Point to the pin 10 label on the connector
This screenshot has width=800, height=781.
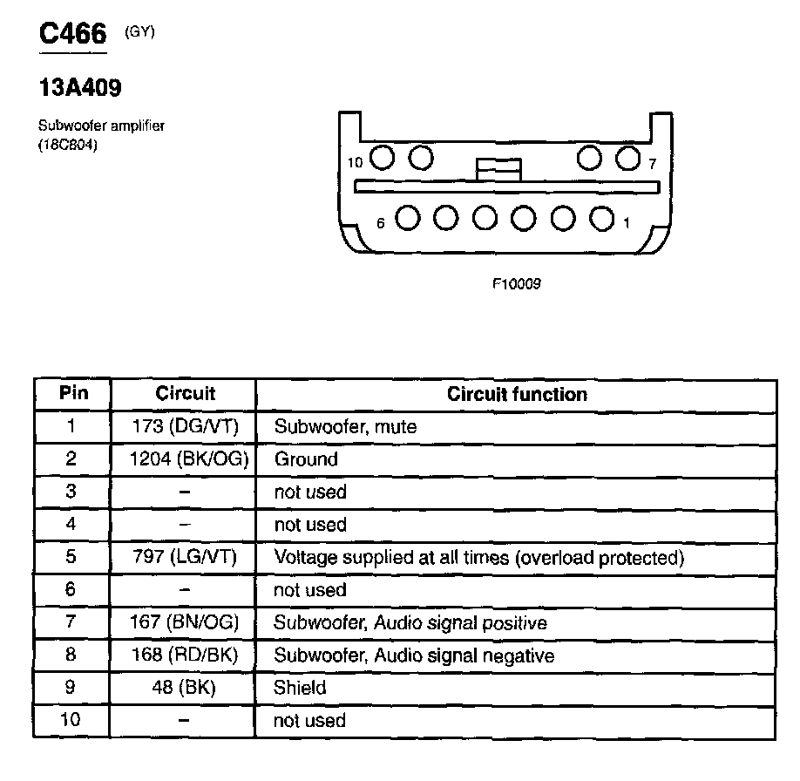tap(355, 163)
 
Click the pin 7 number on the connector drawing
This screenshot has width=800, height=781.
tap(651, 163)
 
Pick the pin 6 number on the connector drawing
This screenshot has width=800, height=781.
tap(380, 223)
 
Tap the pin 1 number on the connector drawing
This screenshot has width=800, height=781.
tap(626, 223)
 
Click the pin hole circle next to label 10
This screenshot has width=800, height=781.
tap(382, 158)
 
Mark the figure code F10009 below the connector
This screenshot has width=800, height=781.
tap(517, 283)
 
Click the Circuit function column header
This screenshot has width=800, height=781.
tap(517, 394)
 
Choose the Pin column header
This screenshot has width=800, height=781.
tap(73, 393)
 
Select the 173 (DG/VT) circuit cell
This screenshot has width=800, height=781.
tap(185, 426)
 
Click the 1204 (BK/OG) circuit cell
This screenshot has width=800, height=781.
tap(185, 458)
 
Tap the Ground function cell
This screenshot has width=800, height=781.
tap(306, 458)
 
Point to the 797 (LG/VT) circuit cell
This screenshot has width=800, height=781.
tap(185, 557)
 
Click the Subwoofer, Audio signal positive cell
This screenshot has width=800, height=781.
tap(410, 622)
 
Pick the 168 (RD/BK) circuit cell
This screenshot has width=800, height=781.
tap(185, 655)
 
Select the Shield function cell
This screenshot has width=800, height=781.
tap(300, 688)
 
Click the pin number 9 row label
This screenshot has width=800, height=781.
tap(71, 688)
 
